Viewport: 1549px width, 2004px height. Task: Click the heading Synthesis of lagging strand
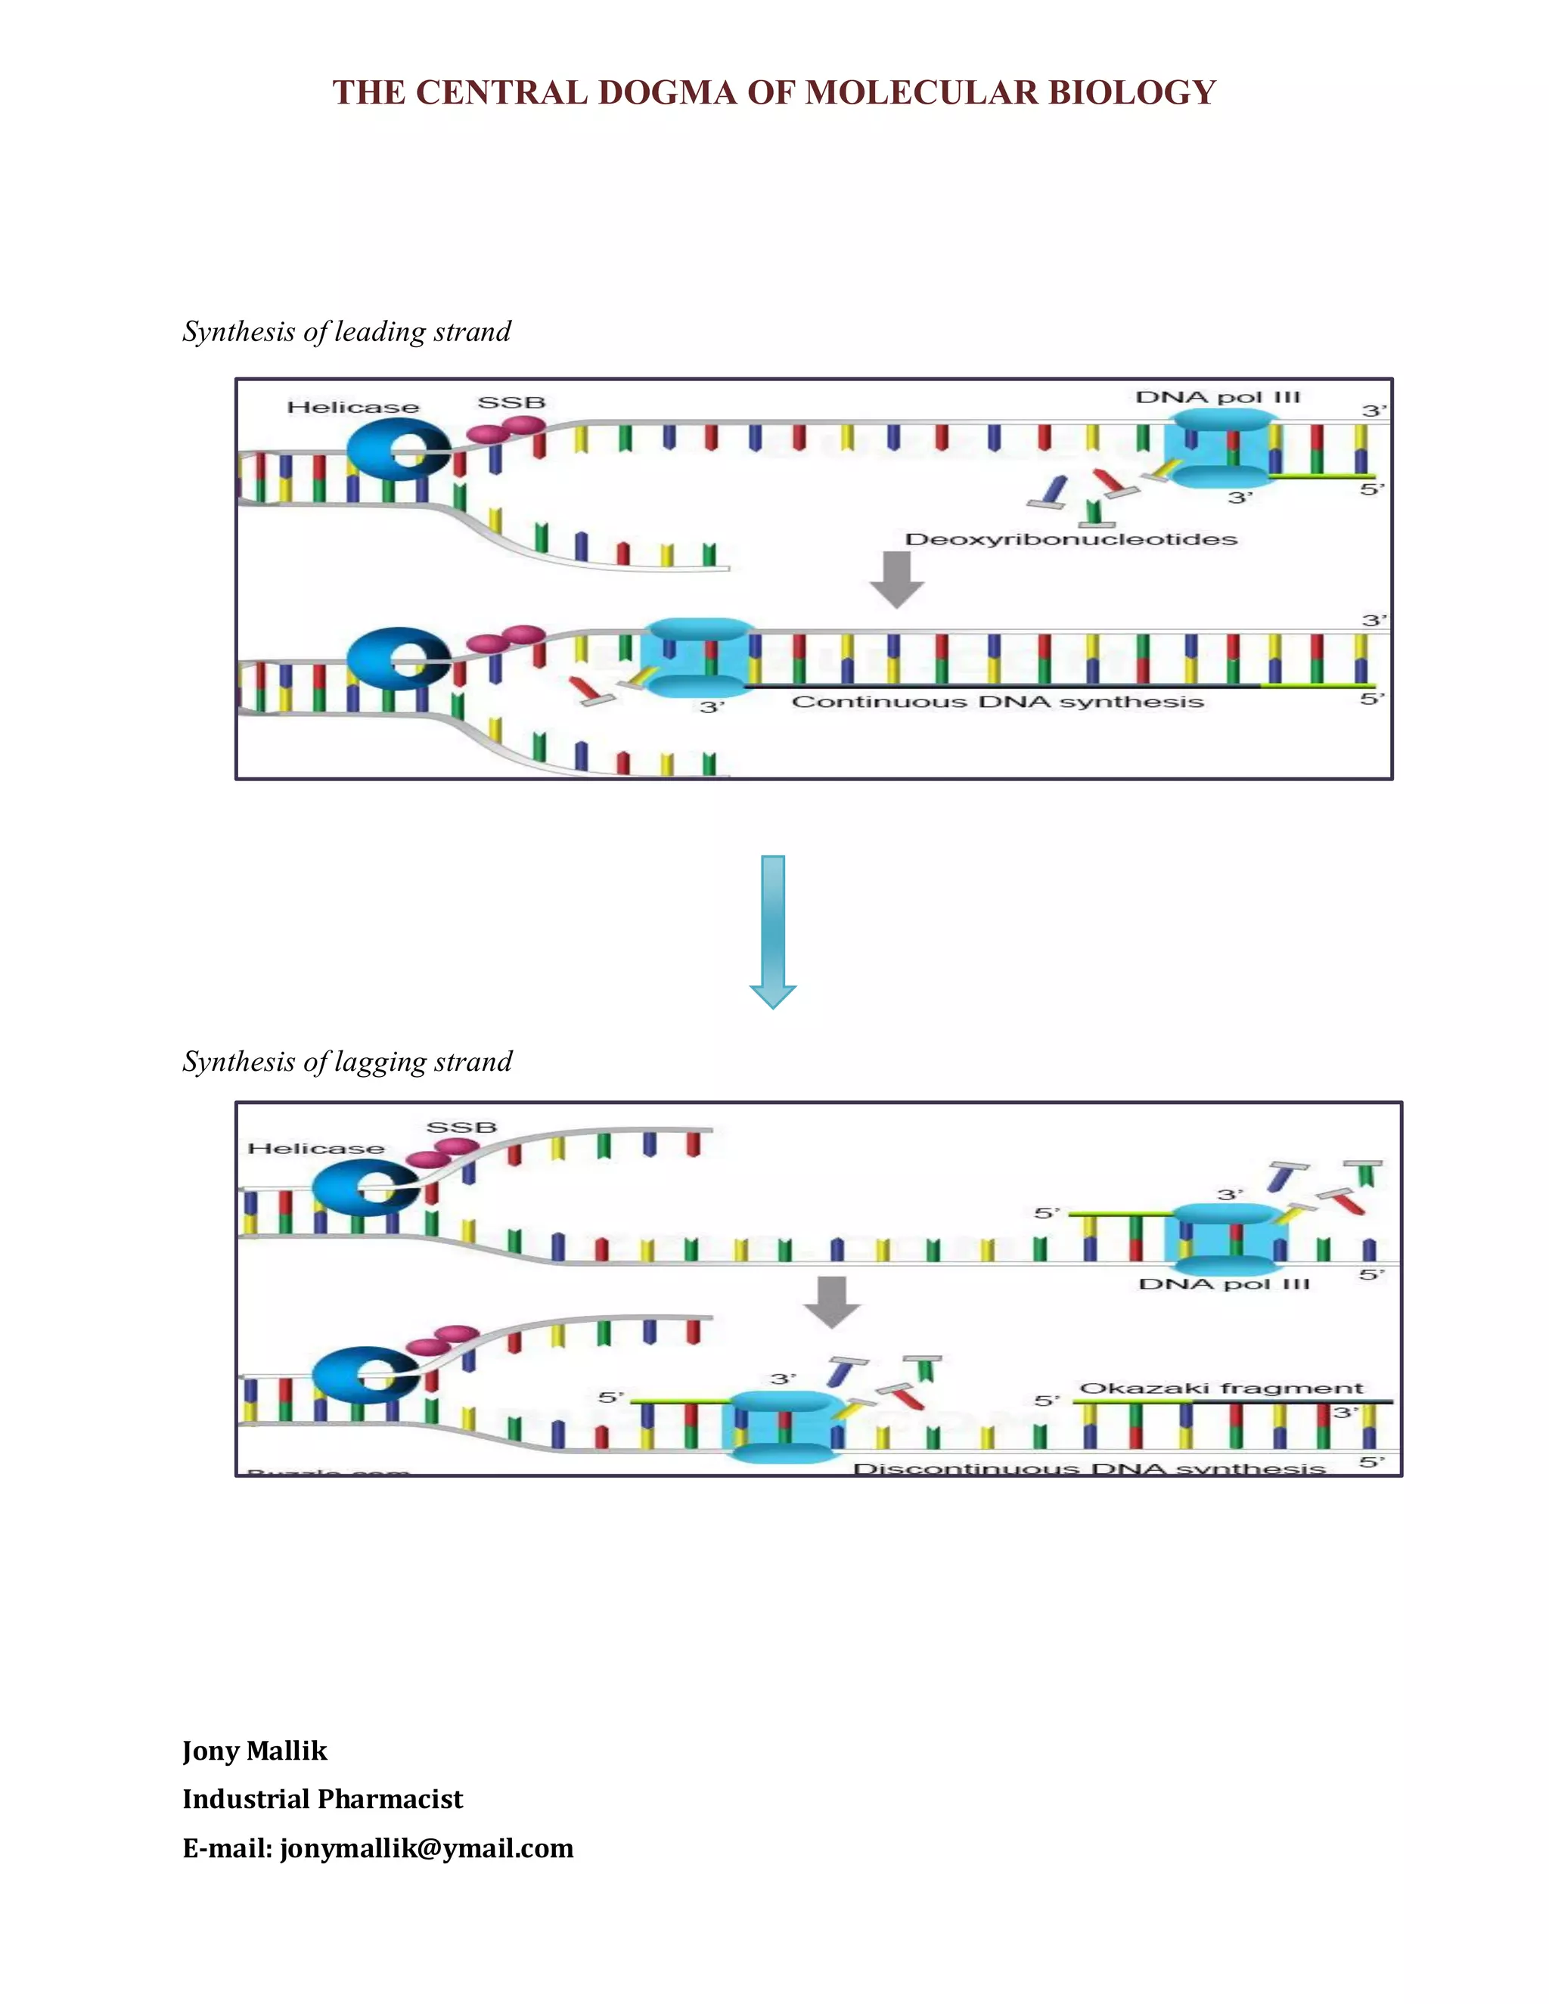tap(347, 1062)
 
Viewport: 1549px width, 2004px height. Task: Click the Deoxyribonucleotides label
tap(1071, 539)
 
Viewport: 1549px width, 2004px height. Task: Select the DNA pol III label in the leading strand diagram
tap(1218, 397)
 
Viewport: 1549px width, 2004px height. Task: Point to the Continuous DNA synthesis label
tap(998, 702)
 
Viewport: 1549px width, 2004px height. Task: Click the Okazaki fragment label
tap(1222, 1388)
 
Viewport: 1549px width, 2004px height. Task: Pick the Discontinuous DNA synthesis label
tap(1089, 1468)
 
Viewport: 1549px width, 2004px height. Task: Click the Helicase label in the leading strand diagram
tap(353, 408)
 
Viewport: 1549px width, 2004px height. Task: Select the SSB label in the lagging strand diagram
tap(461, 1127)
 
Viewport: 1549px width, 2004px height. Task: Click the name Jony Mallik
tap(254, 1751)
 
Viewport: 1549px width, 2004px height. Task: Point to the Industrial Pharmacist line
tap(322, 1799)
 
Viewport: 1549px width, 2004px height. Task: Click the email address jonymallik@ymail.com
tap(427, 1848)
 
